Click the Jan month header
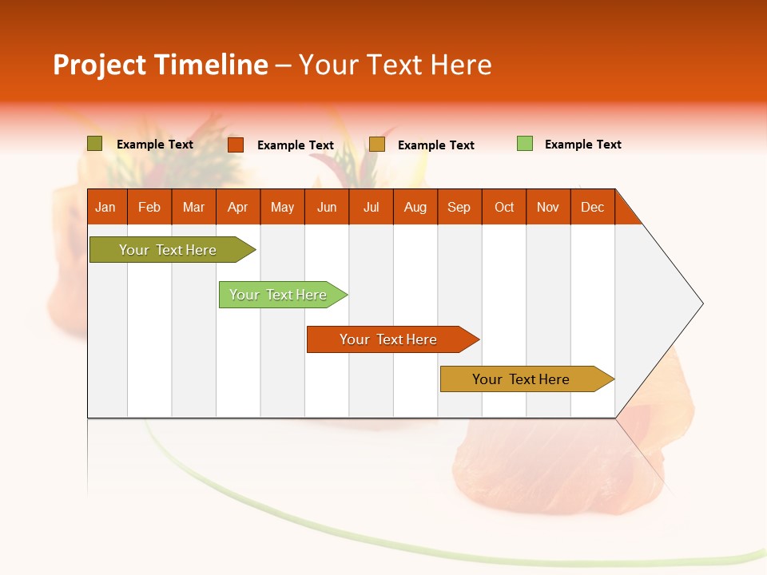106,207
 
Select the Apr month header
238,207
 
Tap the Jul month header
371,207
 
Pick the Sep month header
459,207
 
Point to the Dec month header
592,207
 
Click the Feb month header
149,207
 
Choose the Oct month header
504,207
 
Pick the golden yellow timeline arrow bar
524,379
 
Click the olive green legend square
94,144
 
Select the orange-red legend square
236,145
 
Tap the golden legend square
377,144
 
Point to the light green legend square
525,144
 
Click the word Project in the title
99,65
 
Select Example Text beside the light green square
582,145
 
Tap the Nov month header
548,207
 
